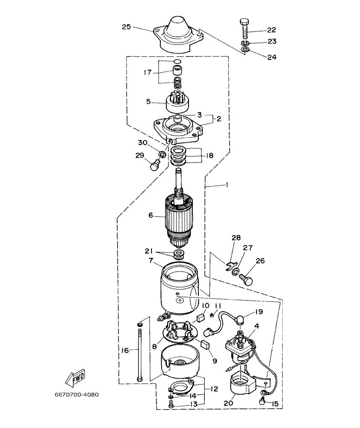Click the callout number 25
(x=127, y=27)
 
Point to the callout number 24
(x=271, y=56)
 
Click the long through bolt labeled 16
(x=140, y=351)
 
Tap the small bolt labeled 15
(x=263, y=401)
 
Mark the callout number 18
(x=209, y=156)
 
